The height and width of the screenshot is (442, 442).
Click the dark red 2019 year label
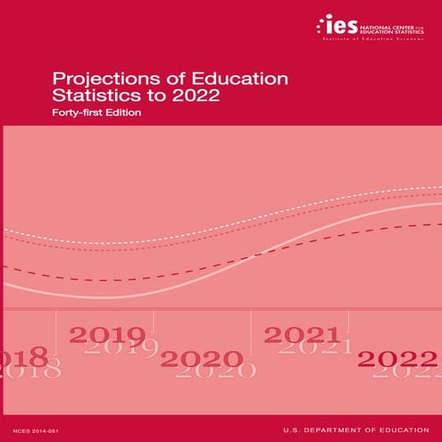pyautogui.click(x=107, y=335)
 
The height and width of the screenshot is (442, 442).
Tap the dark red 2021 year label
pyautogui.click(x=301, y=335)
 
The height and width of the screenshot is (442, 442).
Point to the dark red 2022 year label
pyautogui.click(x=397, y=359)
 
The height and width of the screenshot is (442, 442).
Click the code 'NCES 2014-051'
pyautogui.click(x=35, y=429)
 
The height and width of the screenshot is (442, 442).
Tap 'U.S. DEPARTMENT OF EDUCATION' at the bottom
pyautogui.click(x=357, y=429)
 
